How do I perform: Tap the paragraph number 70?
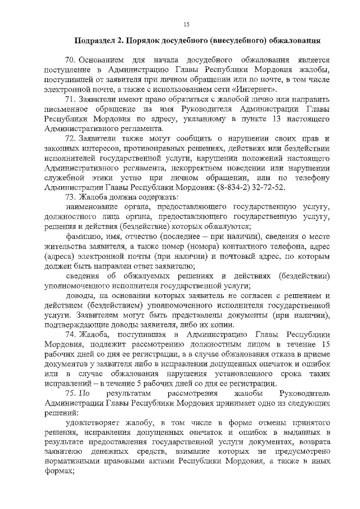(70, 60)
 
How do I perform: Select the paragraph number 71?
(70, 100)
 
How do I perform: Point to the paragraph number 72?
(70, 138)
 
